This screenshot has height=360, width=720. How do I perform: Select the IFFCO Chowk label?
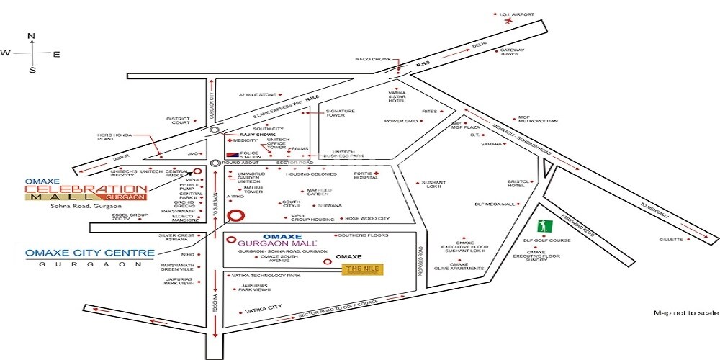click(372, 60)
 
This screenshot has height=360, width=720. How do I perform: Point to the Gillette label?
click(670, 240)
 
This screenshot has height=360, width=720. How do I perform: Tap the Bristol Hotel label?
click(518, 184)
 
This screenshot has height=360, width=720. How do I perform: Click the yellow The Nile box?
click(363, 269)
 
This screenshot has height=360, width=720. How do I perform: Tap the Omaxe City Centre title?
click(90, 253)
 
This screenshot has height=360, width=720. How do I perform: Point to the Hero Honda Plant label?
click(111, 138)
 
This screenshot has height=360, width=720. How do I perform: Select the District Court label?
click(177, 121)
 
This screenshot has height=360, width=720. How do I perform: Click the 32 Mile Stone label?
click(257, 94)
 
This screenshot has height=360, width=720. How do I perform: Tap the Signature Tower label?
click(341, 114)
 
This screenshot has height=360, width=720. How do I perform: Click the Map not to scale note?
click(685, 313)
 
